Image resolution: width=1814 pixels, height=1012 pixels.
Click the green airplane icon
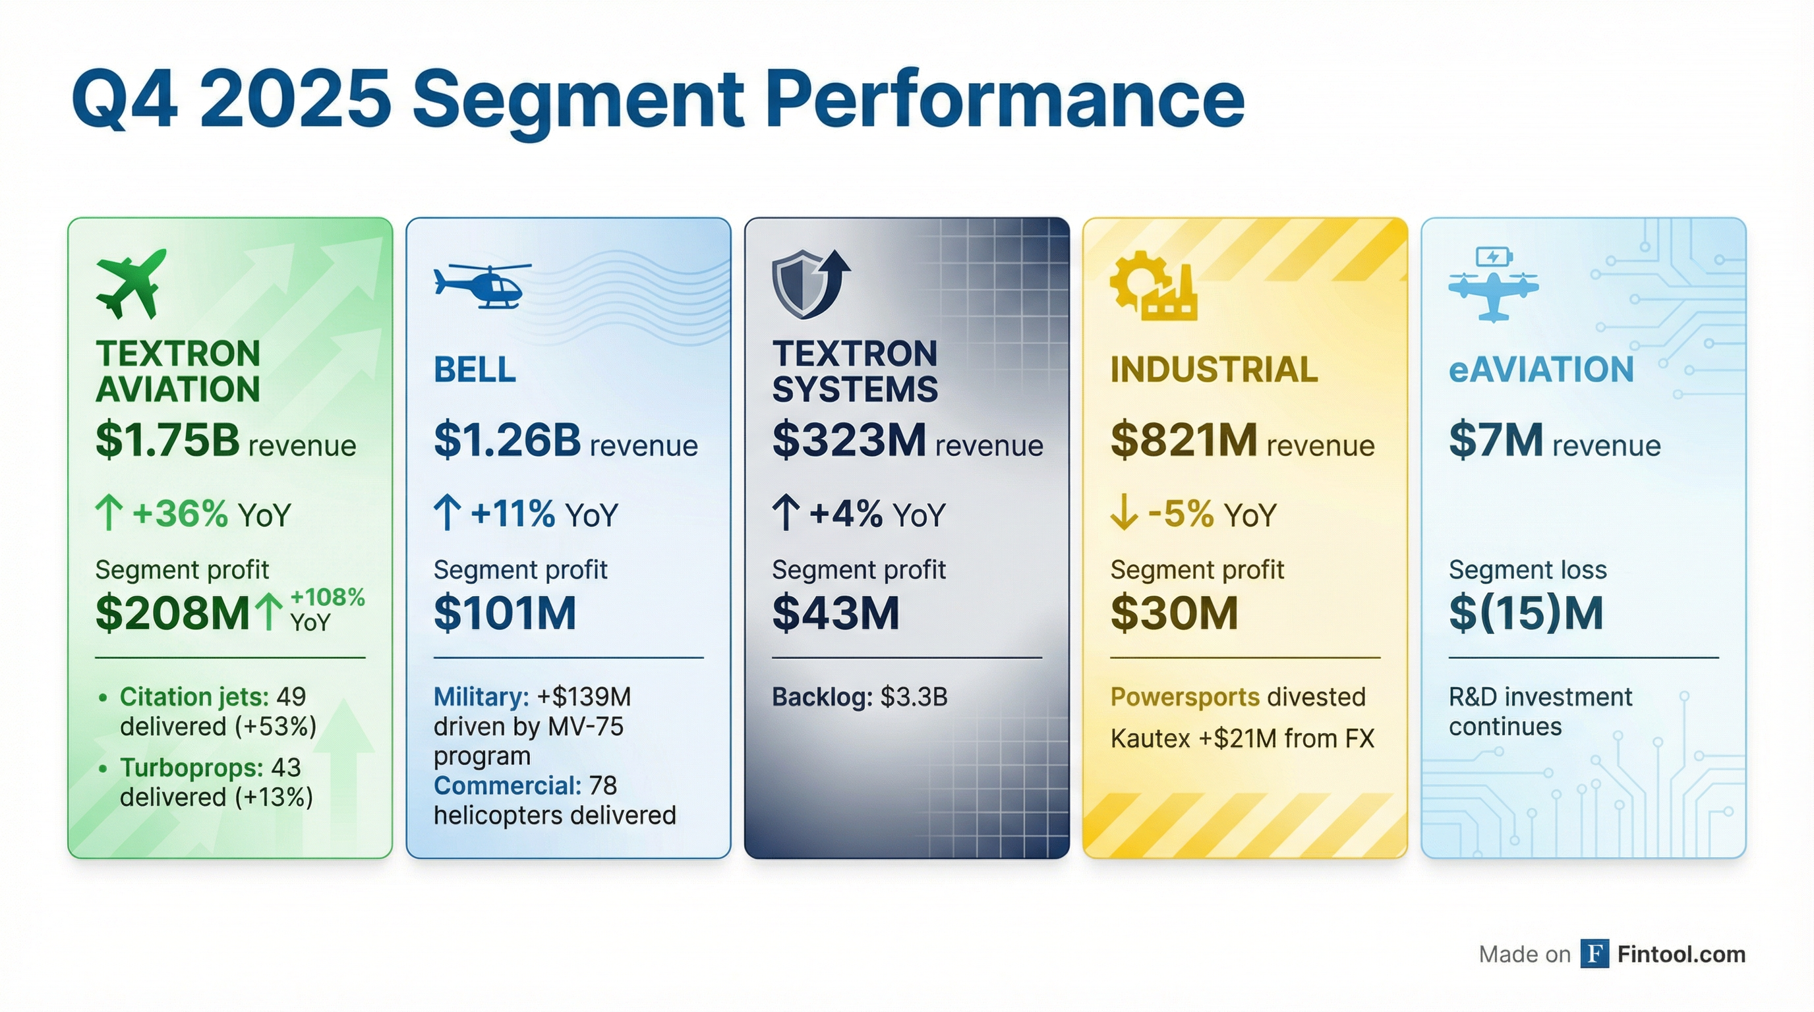[x=132, y=283]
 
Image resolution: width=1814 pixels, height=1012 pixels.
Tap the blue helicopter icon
[x=483, y=285]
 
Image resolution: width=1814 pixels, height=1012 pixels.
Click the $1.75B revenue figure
[x=167, y=440]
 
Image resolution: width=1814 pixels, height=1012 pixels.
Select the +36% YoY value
[x=180, y=514]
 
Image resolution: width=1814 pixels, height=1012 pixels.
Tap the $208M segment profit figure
[x=173, y=613]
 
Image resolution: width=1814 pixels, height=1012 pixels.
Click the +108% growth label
[x=328, y=598]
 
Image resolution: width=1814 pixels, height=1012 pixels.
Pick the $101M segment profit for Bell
[x=505, y=613]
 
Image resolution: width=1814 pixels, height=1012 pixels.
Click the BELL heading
[x=475, y=370]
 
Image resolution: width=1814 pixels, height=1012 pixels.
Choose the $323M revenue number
[x=848, y=440]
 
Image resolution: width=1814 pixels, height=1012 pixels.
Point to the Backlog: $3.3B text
[x=859, y=696]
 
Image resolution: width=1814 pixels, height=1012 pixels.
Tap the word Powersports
[x=1185, y=696]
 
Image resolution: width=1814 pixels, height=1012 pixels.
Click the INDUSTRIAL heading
[x=1214, y=370]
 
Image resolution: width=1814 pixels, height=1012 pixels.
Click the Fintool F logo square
[x=1594, y=953]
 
